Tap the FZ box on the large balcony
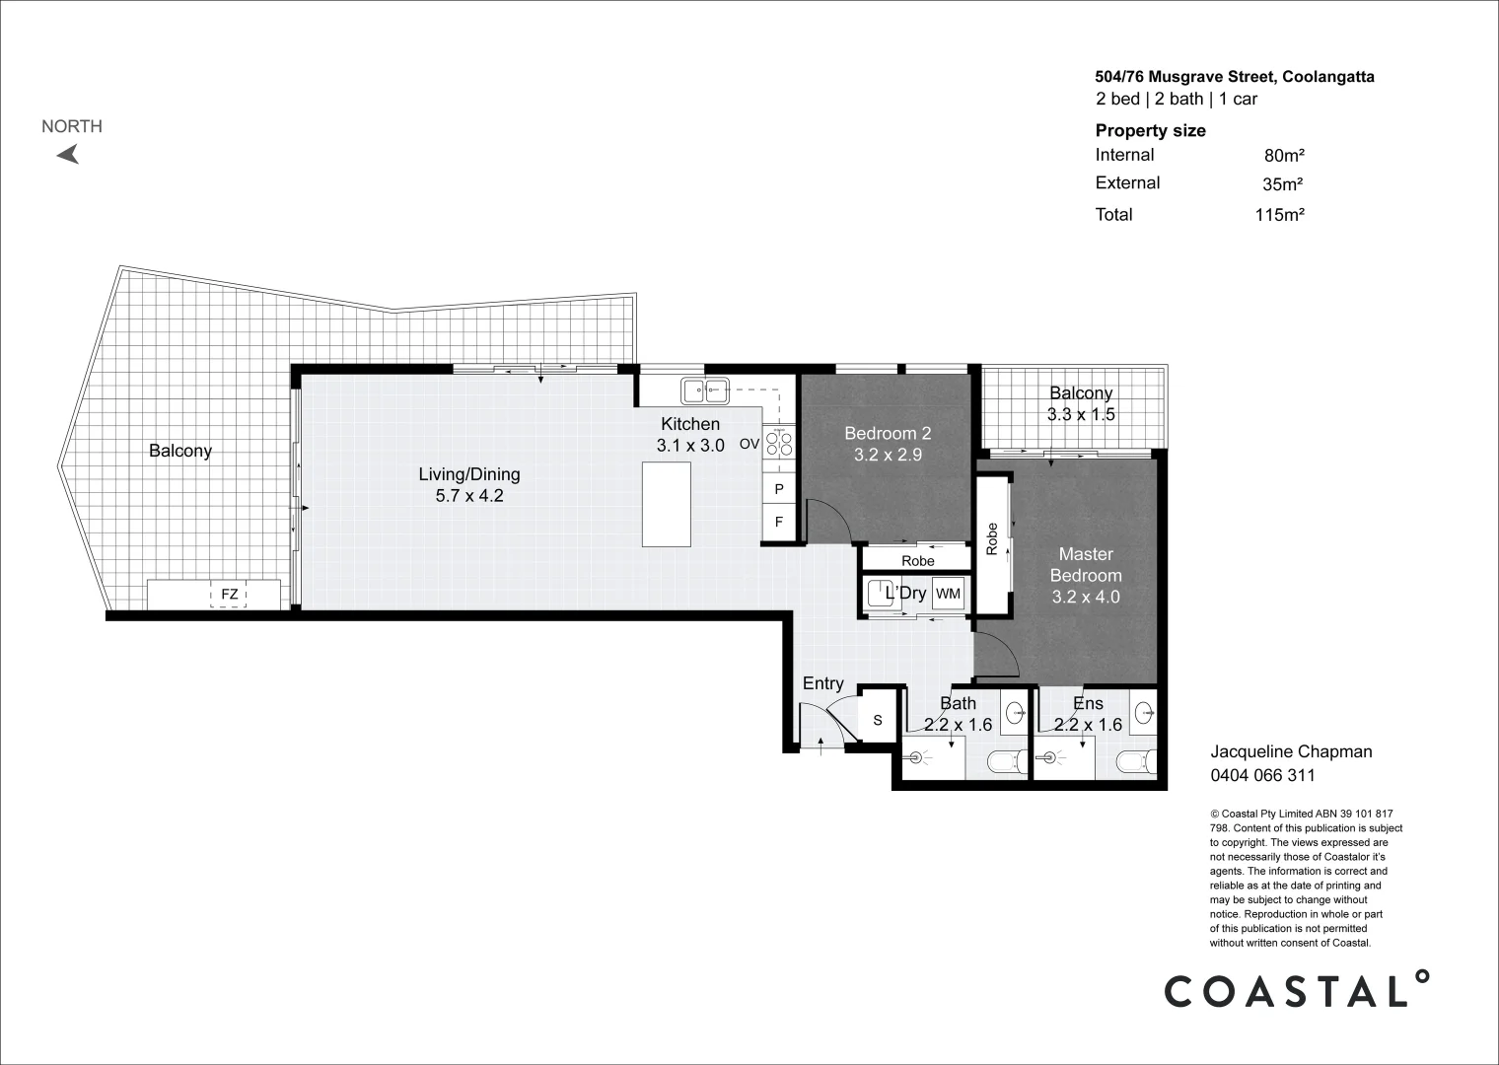[x=229, y=595]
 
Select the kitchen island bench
[x=667, y=504]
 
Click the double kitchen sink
[x=704, y=391]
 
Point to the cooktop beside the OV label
[x=778, y=443]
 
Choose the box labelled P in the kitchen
[x=778, y=489]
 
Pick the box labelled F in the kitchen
[x=778, y=522]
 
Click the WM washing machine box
[x=947, y=594]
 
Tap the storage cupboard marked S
[x=878, y=721]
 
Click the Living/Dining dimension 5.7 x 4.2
[x=469, y=496]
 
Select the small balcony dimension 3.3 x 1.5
[x=1081, y=415]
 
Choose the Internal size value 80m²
[x=1284, y=156]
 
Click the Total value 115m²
[x=1279, y=215]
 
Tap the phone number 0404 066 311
[x=1262, y=775]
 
